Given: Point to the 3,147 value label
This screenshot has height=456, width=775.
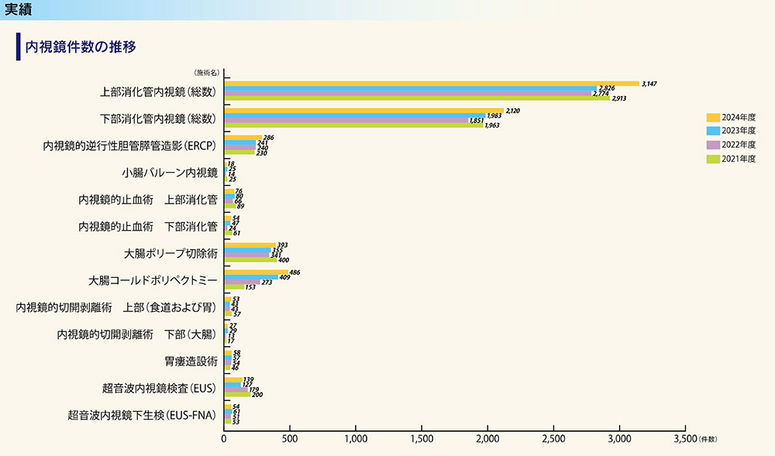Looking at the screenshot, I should pos(649,83).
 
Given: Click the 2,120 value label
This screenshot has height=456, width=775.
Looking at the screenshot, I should pos(514,111).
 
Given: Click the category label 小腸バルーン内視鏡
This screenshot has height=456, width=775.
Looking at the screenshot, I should pos(169,173).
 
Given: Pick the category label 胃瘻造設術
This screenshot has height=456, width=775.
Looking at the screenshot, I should pos(191,361).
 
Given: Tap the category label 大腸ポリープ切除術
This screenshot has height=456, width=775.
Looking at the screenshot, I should pos(170,253).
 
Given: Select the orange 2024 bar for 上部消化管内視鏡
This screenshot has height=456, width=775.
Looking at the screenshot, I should pos(431,83).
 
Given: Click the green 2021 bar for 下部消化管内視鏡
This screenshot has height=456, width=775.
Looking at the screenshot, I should pos(353,125).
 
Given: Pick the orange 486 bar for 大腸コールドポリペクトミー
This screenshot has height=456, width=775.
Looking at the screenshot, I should pos(256,272).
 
